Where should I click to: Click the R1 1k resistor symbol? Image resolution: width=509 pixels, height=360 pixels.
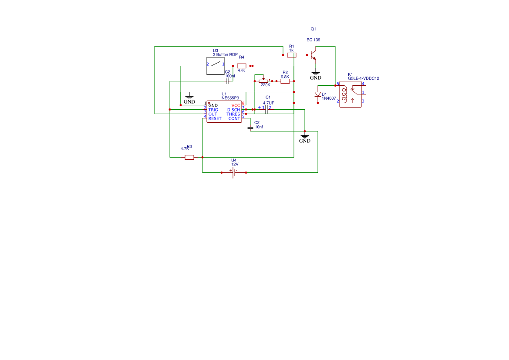[x=292, y=55]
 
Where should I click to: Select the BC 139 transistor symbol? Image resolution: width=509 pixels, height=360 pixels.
[x=313, y=56]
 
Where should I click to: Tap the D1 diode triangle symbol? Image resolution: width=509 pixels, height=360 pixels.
[x=318, y=94]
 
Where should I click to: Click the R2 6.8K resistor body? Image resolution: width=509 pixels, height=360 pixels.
[x=285, y=81]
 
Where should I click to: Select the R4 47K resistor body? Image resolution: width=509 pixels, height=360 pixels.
[x=242, y=66]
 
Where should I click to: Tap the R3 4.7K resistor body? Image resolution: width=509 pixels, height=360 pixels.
[x=189, y=157]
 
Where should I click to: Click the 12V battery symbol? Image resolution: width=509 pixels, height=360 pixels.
[x=234, y=172]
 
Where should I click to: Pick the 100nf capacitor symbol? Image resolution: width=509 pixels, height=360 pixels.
[x=227, y=81]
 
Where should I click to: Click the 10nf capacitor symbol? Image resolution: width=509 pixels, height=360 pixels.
[x=250, y=128]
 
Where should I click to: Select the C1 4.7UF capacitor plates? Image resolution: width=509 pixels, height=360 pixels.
[x=267, y=109]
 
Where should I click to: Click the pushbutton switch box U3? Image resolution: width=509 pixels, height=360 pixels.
[x=215, y=66]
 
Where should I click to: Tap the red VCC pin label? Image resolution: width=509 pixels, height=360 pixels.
[x=236, y=105]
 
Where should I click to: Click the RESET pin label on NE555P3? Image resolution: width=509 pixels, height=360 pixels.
[x=215, y=118]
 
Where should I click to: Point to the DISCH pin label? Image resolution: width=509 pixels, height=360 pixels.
[x=233, y=110]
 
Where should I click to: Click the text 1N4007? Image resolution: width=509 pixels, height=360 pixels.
[x=329, y=98]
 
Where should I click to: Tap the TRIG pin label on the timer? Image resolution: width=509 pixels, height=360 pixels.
[x=213, y=110]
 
